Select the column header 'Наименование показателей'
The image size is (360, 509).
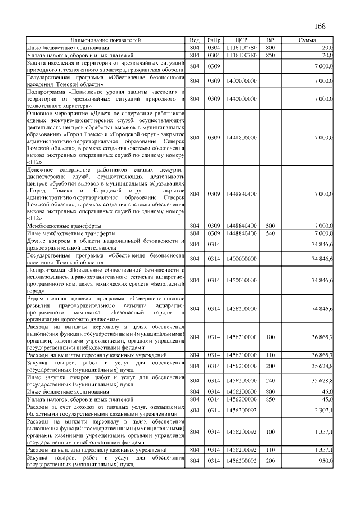pos(106,41)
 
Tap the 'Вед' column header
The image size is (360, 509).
pos(195,41)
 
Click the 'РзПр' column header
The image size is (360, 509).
pos(214,41)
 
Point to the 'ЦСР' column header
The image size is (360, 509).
pos(241,41)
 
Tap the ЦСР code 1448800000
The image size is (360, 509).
pos(241,137)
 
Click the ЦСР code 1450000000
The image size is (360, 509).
pos(241,280)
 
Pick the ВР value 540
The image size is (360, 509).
pos(270,233)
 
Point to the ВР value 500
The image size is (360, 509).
pos(270,226)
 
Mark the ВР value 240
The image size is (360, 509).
pos(270,380)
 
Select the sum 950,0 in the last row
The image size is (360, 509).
pos(323,461)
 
